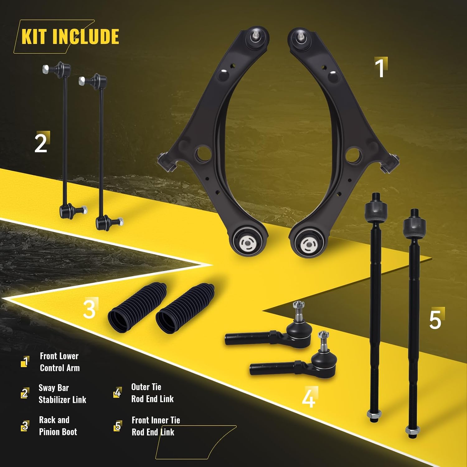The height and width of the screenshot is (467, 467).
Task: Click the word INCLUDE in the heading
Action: tap(85, 37)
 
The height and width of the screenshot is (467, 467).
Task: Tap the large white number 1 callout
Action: tap(380, 68)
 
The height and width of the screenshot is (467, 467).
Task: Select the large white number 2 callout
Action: tap(41, 143)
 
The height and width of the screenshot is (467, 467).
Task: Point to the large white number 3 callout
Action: tap(89, 309)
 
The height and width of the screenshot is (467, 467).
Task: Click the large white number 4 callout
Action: tap(308, 398)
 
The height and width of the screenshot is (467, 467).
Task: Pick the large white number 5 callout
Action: tap(435, 319)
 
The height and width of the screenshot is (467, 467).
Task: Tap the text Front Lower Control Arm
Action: tap(59, 362)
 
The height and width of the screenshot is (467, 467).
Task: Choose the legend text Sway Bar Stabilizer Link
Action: tap(62, 394)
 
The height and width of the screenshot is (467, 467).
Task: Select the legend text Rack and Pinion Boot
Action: tap(58, 426)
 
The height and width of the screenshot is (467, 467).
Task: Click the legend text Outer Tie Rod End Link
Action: tap(152, 393)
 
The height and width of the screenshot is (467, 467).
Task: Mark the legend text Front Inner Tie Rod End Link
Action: tap(156, 426)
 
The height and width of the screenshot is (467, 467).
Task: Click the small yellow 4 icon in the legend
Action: tap(117, 393)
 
